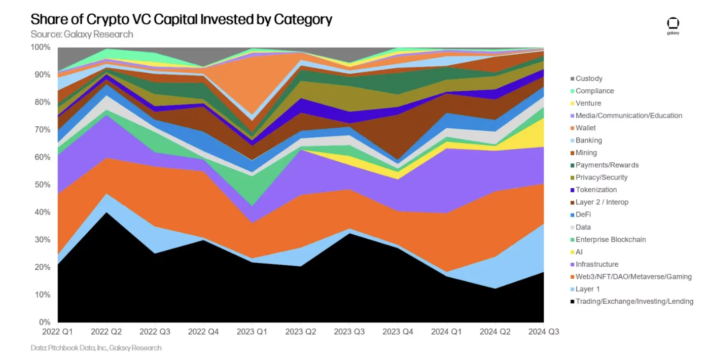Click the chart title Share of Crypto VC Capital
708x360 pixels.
(x=181, y=20)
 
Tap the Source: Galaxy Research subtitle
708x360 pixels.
(x=82, y=34)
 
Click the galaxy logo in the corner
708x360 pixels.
(x=672, y=25)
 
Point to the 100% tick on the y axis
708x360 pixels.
(x=41, y=47)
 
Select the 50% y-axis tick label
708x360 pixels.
(x=43, y=185)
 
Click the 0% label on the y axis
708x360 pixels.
(x=45, y=322)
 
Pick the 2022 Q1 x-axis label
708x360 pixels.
(x=58, y=332)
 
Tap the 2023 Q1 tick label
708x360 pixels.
(x=252, y=332)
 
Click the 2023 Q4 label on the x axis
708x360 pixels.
(x=398, y=332)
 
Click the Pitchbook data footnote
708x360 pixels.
(x=96, y=348)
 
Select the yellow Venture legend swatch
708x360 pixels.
(x=573, y=103)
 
